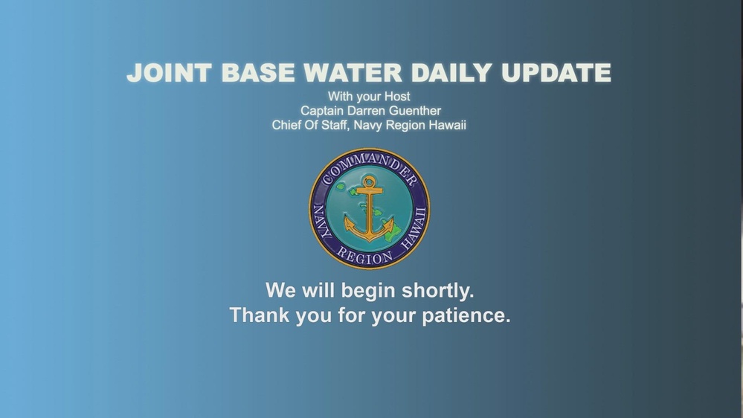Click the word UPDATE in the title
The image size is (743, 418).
(x=556, y=74)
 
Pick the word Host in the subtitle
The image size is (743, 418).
(x=396, y=97)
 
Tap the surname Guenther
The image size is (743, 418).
(x=414, y=111)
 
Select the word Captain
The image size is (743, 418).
(x=322, y=111)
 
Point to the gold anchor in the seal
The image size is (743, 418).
(x=369, y=209)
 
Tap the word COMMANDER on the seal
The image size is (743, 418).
(x=369, y=163)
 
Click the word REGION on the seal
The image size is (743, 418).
(x=365, y=256)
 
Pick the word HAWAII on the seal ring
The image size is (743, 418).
(x=417, y=223)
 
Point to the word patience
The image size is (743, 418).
(x=466, y=315)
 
